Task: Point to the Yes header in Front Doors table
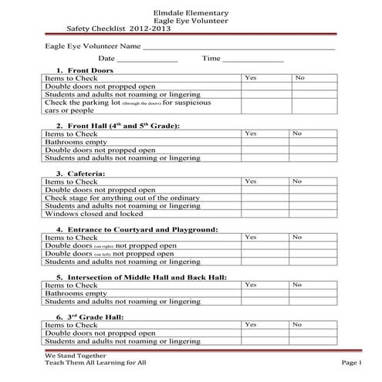point(251,78)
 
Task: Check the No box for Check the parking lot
point(313,106)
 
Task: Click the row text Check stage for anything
point(123,198)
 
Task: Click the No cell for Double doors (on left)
point(313,254)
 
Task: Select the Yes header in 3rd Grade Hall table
point(251,325)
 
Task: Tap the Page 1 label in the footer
point(350,362)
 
